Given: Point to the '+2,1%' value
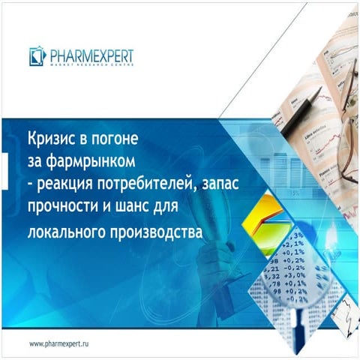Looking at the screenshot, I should [293, 244].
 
